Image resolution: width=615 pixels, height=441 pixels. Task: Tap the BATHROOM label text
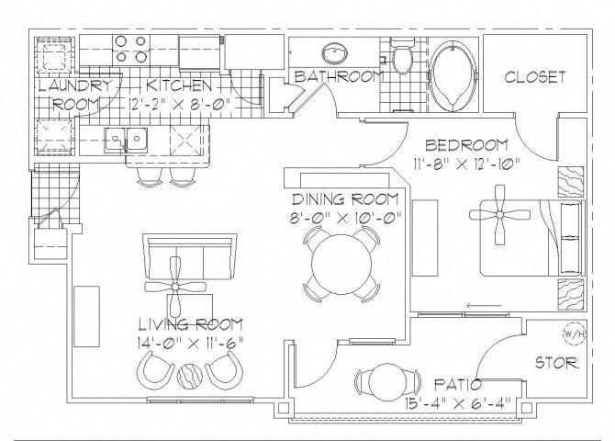click(336, 76)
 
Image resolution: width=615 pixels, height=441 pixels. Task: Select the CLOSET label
click(535, 77)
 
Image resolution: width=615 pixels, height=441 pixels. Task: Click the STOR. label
click(557, 364)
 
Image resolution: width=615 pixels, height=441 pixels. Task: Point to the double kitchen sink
click(127, 141)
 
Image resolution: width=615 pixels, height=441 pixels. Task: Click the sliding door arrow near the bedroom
click(476, 307)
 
